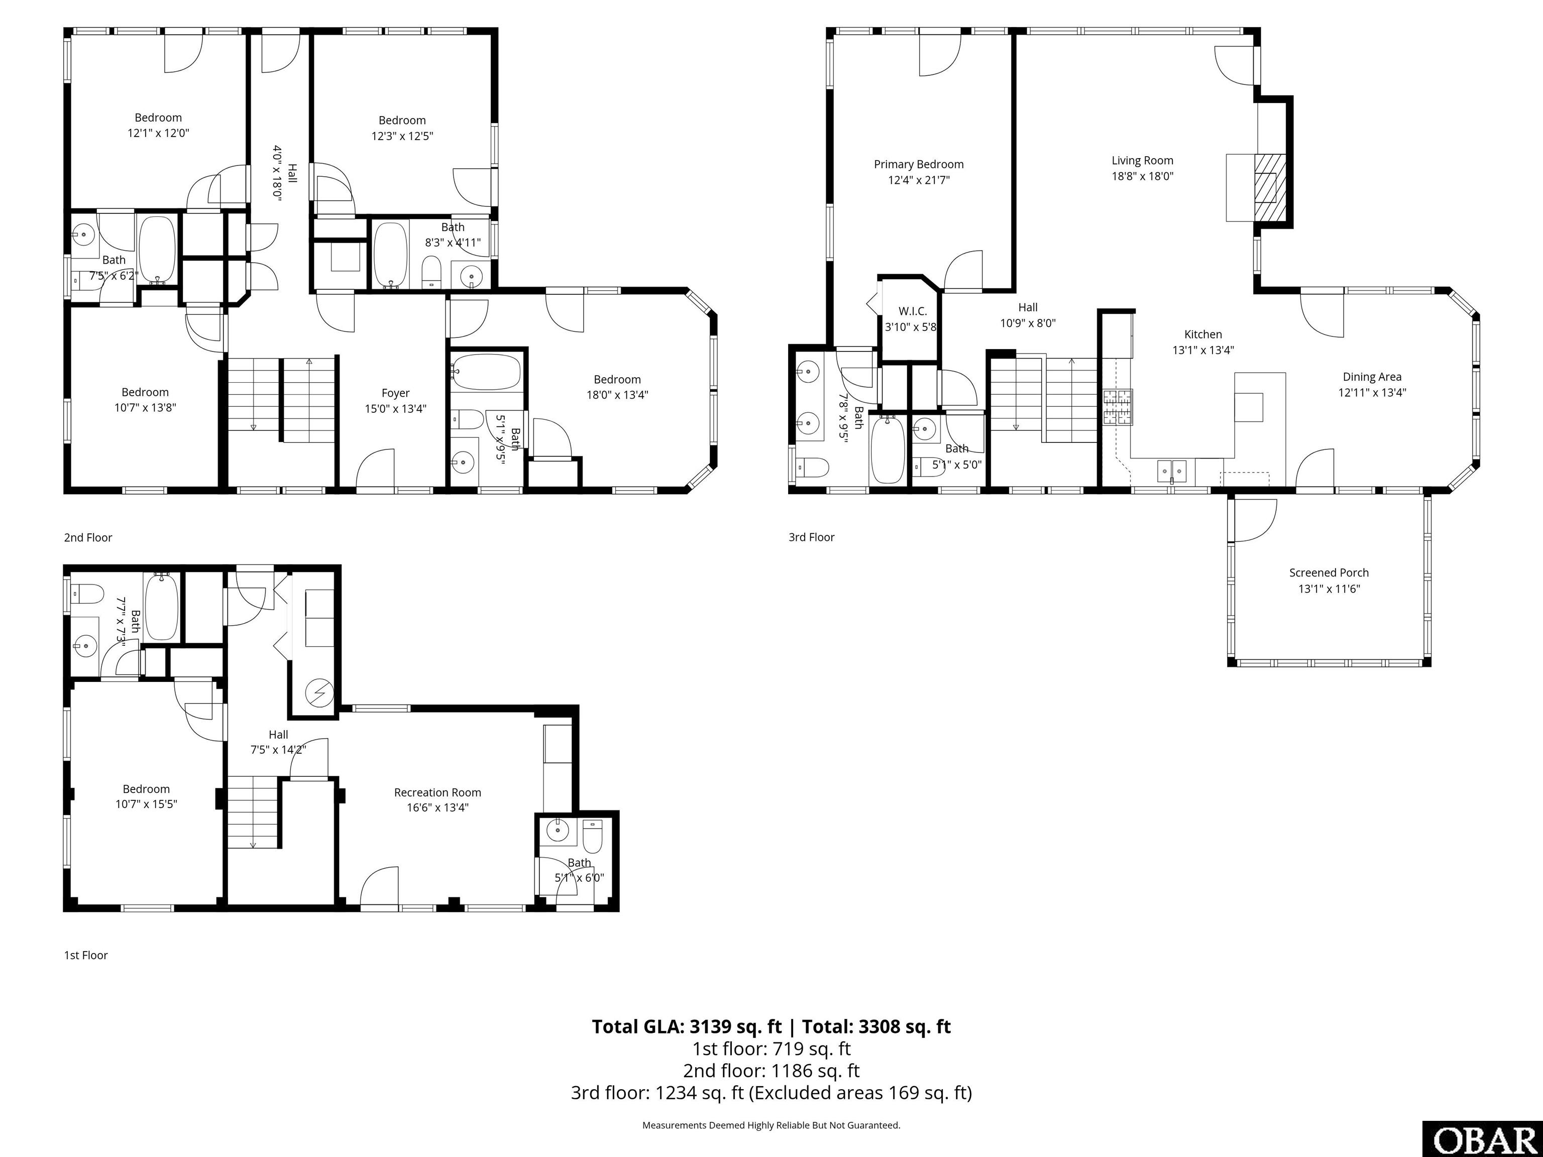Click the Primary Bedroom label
[x=918, y=165]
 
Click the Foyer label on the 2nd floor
[x=395, y=393]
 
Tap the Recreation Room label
[x=437, y=792]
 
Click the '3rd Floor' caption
[x=811, y=537]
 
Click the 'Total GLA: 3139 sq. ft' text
[x=687, y=1026]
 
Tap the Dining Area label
[x=1371, y=377]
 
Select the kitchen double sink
[x=1172, y=472]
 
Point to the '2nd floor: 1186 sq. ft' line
[x=771, y=1071]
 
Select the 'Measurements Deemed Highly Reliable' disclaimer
[x=771, y=1125]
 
